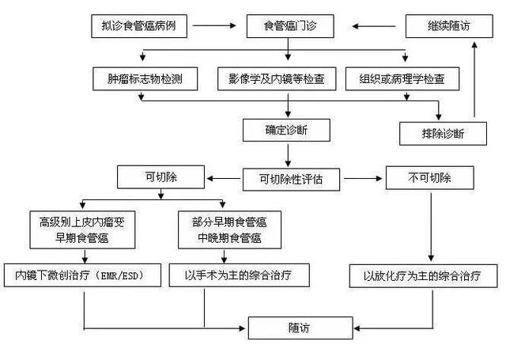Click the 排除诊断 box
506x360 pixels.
[443, 132]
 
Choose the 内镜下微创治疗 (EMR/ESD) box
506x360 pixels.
[84, 275]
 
